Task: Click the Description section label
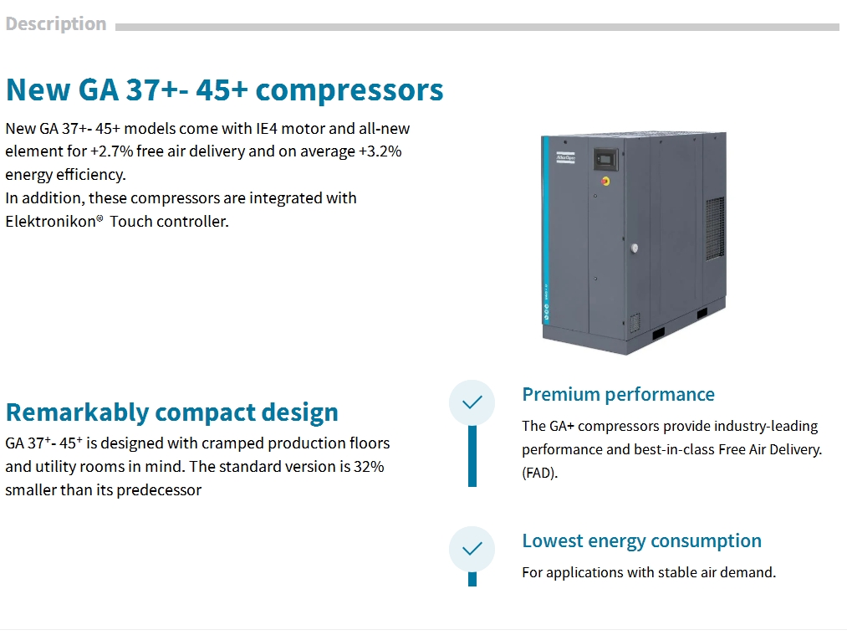[56, 23]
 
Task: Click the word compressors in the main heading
[349, 90]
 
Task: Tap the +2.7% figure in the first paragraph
[111, 151]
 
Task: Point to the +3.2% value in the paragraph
[380, 151]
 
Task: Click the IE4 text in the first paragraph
[267, 129]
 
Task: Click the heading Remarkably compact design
[171, 412]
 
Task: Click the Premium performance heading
[618, 395]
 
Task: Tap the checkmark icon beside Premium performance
[472, 402]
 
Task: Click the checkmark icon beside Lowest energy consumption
[472, 549]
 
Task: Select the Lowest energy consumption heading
[642, 541]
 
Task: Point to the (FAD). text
[539, 473]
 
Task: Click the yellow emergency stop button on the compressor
[605, 181]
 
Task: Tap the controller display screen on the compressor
[605, 160]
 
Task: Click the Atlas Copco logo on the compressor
[565, 157]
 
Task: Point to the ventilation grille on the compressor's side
[715, 228]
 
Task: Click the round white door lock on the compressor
[634, 248]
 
